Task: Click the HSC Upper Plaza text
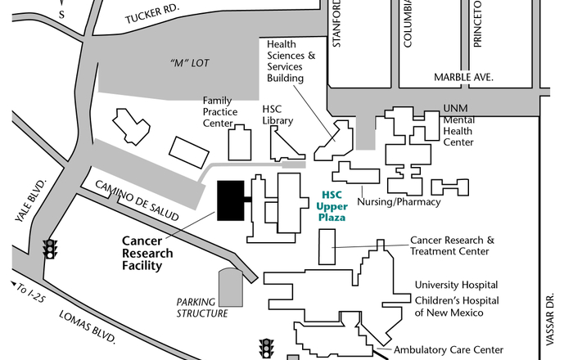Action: pos(332,206)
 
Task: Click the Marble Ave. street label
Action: pos(467,78)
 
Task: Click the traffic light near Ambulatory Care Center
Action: pos(266,349)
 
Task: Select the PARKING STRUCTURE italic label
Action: pos(203,307)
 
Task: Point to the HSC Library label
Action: pos(277,114)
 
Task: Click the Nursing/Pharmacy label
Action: pos(400,202)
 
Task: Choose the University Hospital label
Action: pos(457,285)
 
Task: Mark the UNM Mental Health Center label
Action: pos(458,124)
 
